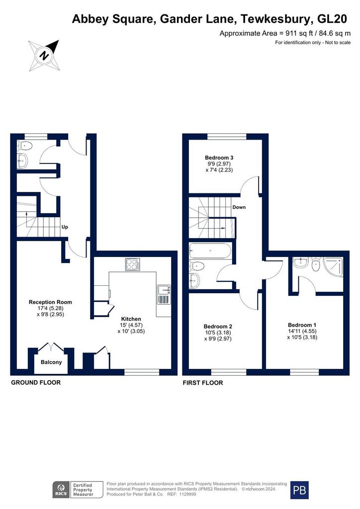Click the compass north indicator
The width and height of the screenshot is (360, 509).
pos(44,55)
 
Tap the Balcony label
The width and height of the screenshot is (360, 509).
pos(51,362)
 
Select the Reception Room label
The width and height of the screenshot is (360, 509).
pos(50,302)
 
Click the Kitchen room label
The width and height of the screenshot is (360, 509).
pos(131,319)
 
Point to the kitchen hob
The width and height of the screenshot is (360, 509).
pos(133,264)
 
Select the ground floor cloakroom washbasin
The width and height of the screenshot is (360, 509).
pos(22,161)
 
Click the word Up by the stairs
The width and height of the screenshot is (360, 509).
pos(65,227)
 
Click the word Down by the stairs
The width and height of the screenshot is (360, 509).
pos(239,207)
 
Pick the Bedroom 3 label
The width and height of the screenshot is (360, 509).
pos(219,158)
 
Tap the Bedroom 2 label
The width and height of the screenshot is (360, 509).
pos(218,327)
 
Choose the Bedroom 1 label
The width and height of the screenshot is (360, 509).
pos(302,325)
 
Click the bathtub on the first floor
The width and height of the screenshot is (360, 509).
pos(210,251)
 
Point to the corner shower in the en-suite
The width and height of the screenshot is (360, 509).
pos(333,266)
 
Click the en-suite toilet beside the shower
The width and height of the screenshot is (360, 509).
pos(316,264)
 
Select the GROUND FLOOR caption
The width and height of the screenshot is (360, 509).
pos(36,383)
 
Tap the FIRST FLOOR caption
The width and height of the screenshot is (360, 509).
pos(203,383)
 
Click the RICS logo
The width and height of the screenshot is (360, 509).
pos(61,490)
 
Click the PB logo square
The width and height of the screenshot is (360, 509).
pos(299,490)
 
